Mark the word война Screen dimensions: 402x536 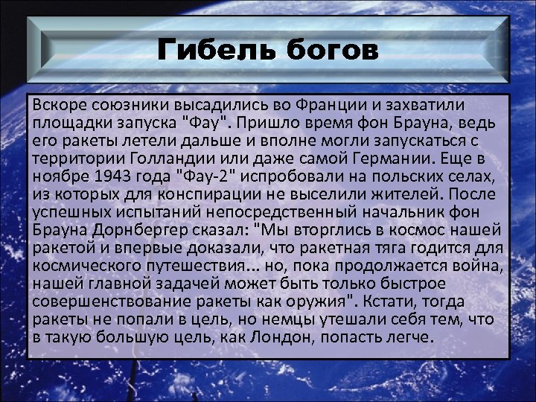pyautogui.click(x=481, y=265)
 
